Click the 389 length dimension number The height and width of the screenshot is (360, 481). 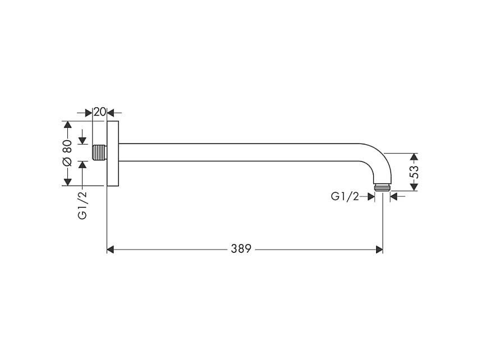click(240, 248)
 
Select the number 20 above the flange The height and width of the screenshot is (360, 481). click(100, 112)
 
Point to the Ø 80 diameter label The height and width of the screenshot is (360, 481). click(67, 153)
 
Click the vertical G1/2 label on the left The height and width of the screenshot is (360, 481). click(83, 205)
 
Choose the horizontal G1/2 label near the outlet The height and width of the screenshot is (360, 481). click(345, 196)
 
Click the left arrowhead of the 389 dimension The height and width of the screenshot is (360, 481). click(111, 248)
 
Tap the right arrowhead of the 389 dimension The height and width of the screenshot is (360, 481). click(379, 248)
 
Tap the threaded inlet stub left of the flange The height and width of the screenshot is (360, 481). click(99, 153)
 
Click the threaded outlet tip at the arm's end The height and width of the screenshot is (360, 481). click(382, 187)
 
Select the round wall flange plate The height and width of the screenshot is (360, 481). click(113, 153)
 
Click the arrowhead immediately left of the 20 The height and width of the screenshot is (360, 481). click(89, 112)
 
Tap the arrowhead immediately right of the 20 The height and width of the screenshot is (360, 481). click(111, 112)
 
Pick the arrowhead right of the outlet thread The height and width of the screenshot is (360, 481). click(393, 196)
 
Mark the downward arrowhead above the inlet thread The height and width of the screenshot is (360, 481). click(83, 140)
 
